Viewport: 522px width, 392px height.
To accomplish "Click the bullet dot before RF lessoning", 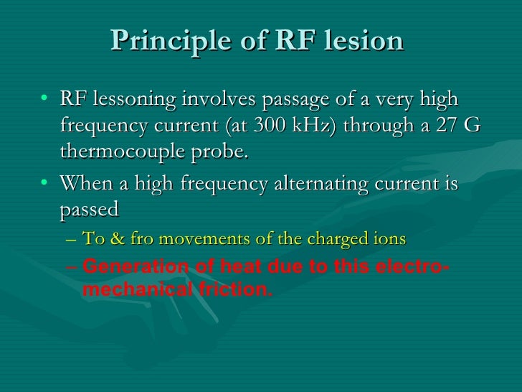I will coord(46,98).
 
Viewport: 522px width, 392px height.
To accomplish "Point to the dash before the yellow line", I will coord(70,239).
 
